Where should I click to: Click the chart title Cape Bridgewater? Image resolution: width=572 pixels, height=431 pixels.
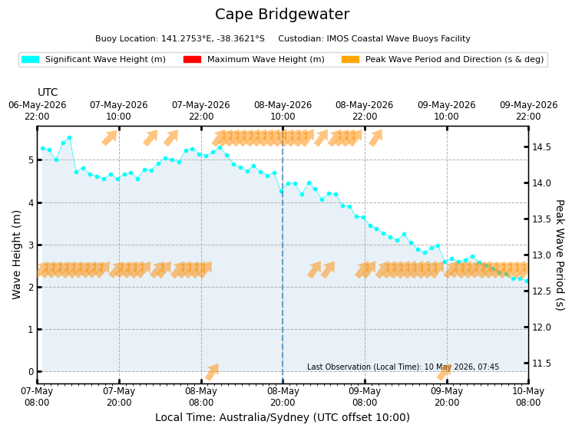coord(282,15)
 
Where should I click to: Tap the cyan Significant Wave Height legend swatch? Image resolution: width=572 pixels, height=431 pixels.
coord(30,59)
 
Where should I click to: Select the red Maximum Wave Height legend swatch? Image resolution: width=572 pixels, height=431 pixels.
coord(192,59)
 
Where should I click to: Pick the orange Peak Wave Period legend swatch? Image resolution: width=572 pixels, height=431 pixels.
coord(350,59)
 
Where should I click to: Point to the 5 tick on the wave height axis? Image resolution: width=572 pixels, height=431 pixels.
coord(31,160)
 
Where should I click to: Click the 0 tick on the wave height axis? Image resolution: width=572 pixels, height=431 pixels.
coord(31,372)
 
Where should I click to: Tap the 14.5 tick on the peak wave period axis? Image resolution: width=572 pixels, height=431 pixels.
coord(541,147)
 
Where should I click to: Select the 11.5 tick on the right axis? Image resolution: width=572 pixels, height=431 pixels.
coord(541,364)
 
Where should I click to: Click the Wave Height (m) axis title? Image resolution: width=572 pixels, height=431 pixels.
coord(16,255)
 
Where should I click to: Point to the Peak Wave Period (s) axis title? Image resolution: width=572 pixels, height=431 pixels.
coord(560,255)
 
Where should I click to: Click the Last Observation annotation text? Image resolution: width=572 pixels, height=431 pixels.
coord(403,367)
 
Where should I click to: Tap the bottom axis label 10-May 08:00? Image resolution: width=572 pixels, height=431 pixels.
coord(528,396)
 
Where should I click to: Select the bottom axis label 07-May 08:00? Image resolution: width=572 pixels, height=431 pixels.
coord(37,396)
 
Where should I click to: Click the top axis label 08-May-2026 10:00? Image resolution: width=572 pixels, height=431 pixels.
coord(283,110)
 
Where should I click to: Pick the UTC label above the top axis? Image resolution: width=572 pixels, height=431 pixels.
coord(48,92)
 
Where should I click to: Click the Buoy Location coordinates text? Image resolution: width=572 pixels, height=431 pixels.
coord(180,38)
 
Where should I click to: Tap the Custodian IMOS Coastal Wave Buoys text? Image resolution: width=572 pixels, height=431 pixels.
coord(374,38)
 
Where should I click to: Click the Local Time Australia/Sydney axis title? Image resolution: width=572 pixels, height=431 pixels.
coord(283,417)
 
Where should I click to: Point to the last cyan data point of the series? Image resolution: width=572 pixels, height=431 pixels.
coord(527,281)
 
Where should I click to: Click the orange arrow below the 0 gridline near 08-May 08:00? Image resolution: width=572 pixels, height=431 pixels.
coord(212,372)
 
